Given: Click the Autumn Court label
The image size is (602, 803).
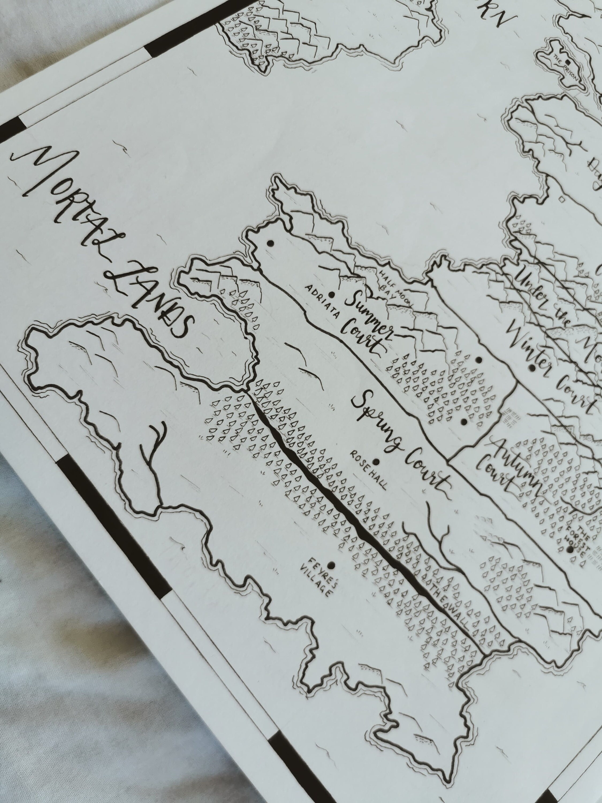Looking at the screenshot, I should coord(508,468).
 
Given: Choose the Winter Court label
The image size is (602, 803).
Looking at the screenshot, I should coord(551,367).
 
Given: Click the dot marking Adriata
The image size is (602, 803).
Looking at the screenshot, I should coord(331,294).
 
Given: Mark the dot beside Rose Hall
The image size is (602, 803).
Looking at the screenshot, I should coord(376,462).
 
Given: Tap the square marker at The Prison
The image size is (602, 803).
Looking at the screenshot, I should coord(567,62).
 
